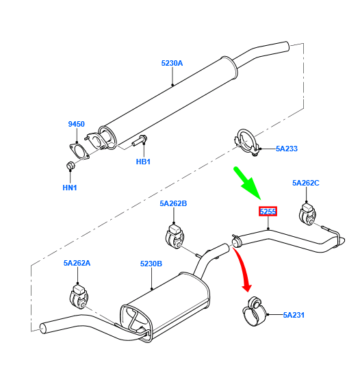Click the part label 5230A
pos(172,63)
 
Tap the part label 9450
pos(76,124)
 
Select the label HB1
pos(142,162)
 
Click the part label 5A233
pos(287,148)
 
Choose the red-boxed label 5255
pos(268,212)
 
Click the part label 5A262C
pos(305,183)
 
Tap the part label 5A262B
pos(173,203)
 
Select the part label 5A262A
pos(77,262)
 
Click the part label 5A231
pos(294,315)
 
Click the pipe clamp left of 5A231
pos(254,311)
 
